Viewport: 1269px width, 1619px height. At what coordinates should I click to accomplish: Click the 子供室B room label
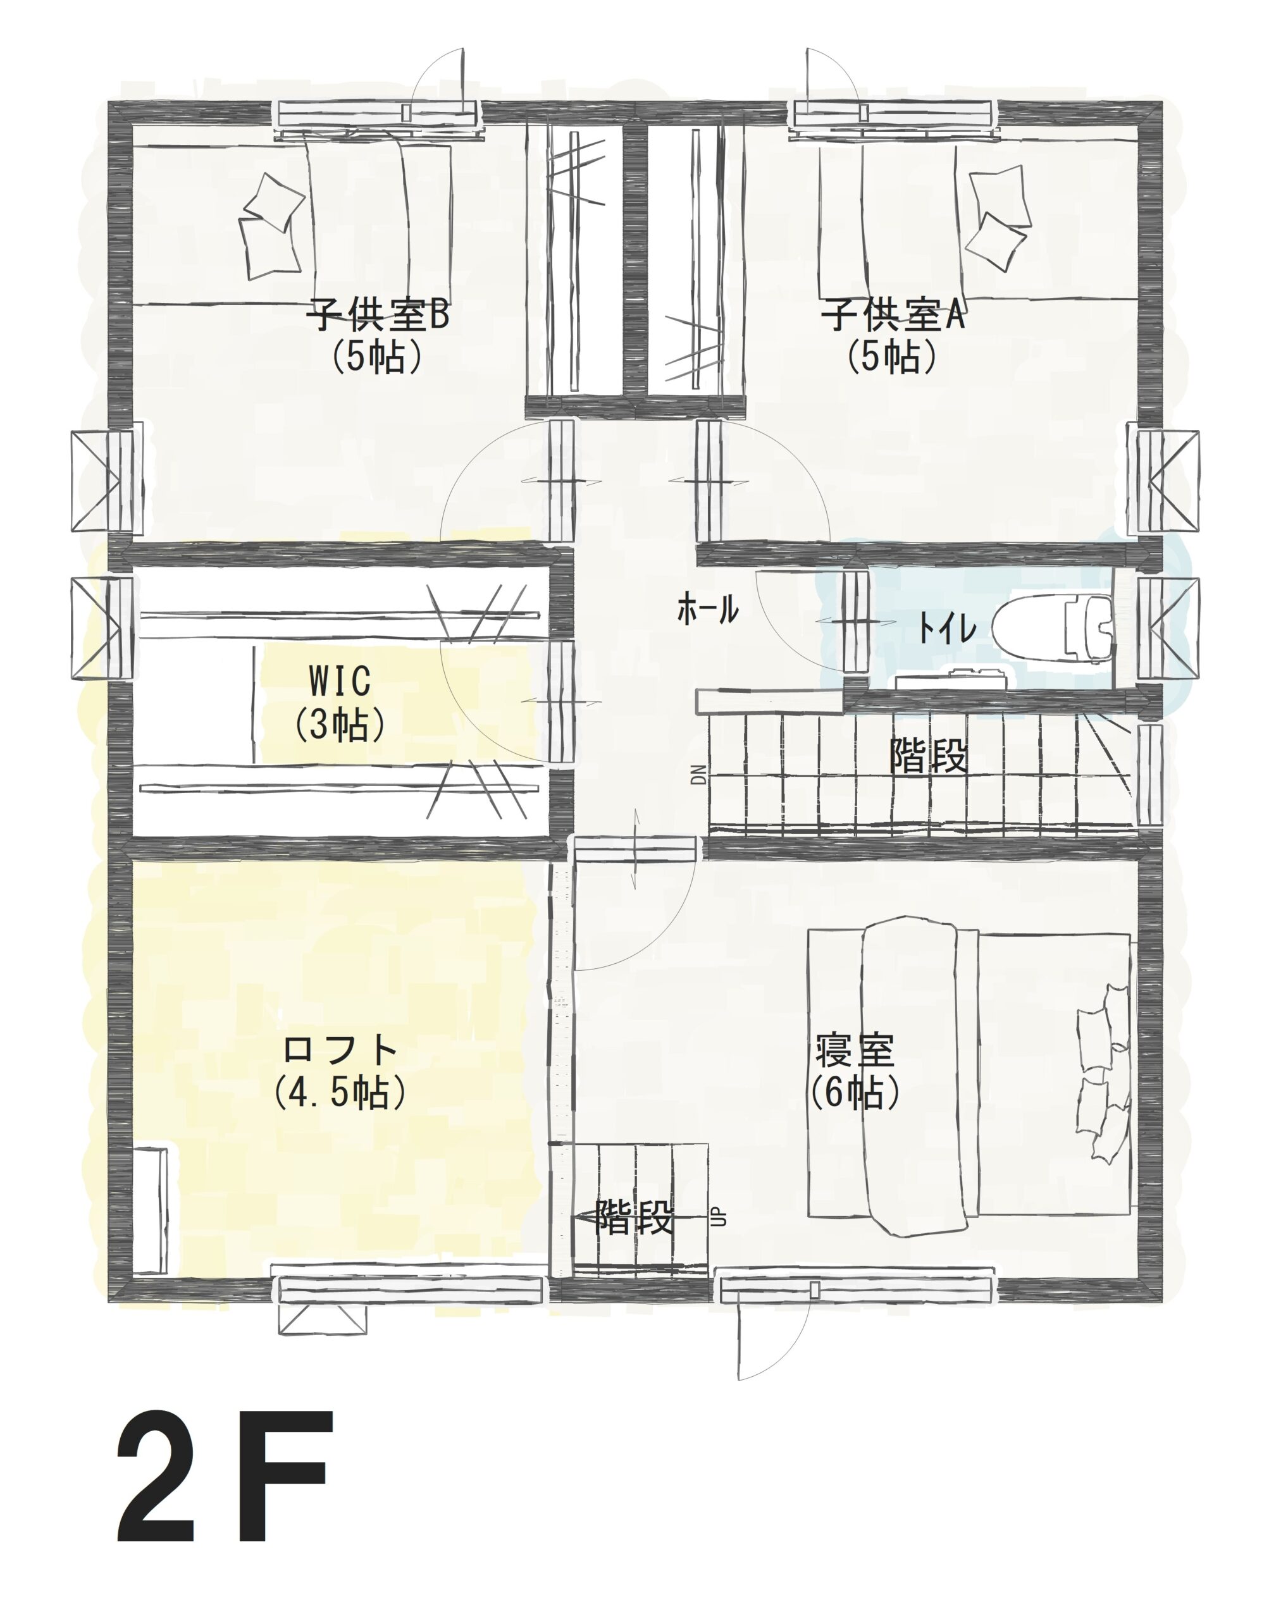tap(379, 315)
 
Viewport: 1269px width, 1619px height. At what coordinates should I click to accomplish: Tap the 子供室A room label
tap(893, 315)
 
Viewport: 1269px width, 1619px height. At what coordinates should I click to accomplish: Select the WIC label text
tap(340, 680)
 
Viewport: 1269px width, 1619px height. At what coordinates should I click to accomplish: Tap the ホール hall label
tap(707, 610)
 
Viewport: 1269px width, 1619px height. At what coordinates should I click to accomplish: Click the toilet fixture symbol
tap(1053, 627)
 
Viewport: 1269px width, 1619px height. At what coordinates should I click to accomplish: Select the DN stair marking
tap(698, 775)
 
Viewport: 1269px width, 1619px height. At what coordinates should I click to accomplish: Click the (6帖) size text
tap(855, 1092)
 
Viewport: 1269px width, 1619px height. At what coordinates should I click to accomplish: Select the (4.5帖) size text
tap(340, 1092)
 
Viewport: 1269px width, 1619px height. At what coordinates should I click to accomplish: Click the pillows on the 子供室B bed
tap(271, 226)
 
